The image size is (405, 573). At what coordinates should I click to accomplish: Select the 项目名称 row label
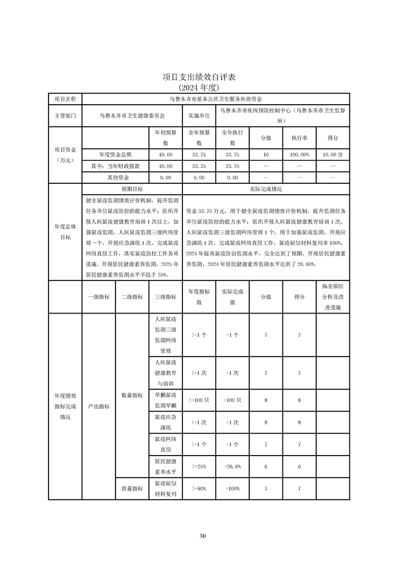click(65, 99)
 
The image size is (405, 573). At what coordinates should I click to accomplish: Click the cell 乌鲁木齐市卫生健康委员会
click(132, 116)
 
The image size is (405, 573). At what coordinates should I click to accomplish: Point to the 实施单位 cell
click(199, 116)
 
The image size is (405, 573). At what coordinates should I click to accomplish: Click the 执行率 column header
click(299, 138)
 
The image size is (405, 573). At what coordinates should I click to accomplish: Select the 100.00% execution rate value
click(299, 154)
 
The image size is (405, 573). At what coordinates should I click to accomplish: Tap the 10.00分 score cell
click(332, 154)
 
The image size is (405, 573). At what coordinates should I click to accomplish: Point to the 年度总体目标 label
click(65, 232)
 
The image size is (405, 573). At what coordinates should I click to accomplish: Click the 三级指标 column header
click(165, 297)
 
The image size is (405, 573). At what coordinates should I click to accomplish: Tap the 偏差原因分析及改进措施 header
click(332, 297)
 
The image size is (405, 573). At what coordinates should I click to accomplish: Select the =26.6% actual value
click(232, 467)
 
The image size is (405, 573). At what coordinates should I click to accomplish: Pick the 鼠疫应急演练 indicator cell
click(165, 422)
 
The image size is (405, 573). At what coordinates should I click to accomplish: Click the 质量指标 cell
click(132, 489)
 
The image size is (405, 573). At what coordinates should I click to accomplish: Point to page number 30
click(202, 536)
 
